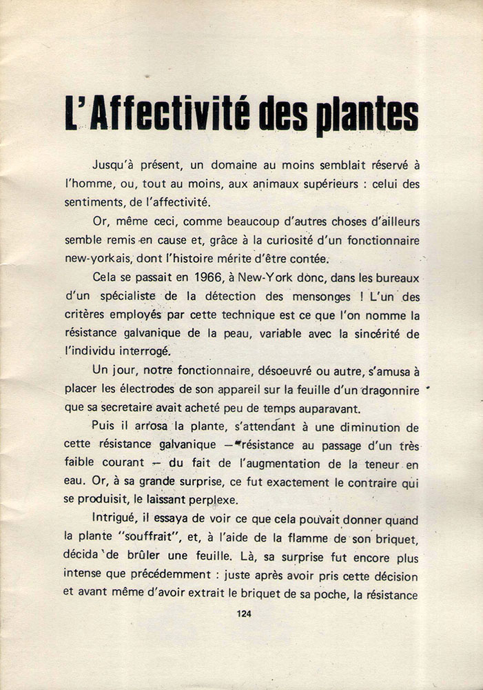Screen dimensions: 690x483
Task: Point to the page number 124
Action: pyautogui.click(x=243, y=613)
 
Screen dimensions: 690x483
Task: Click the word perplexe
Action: pyautogui.click(x=236, y=482)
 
